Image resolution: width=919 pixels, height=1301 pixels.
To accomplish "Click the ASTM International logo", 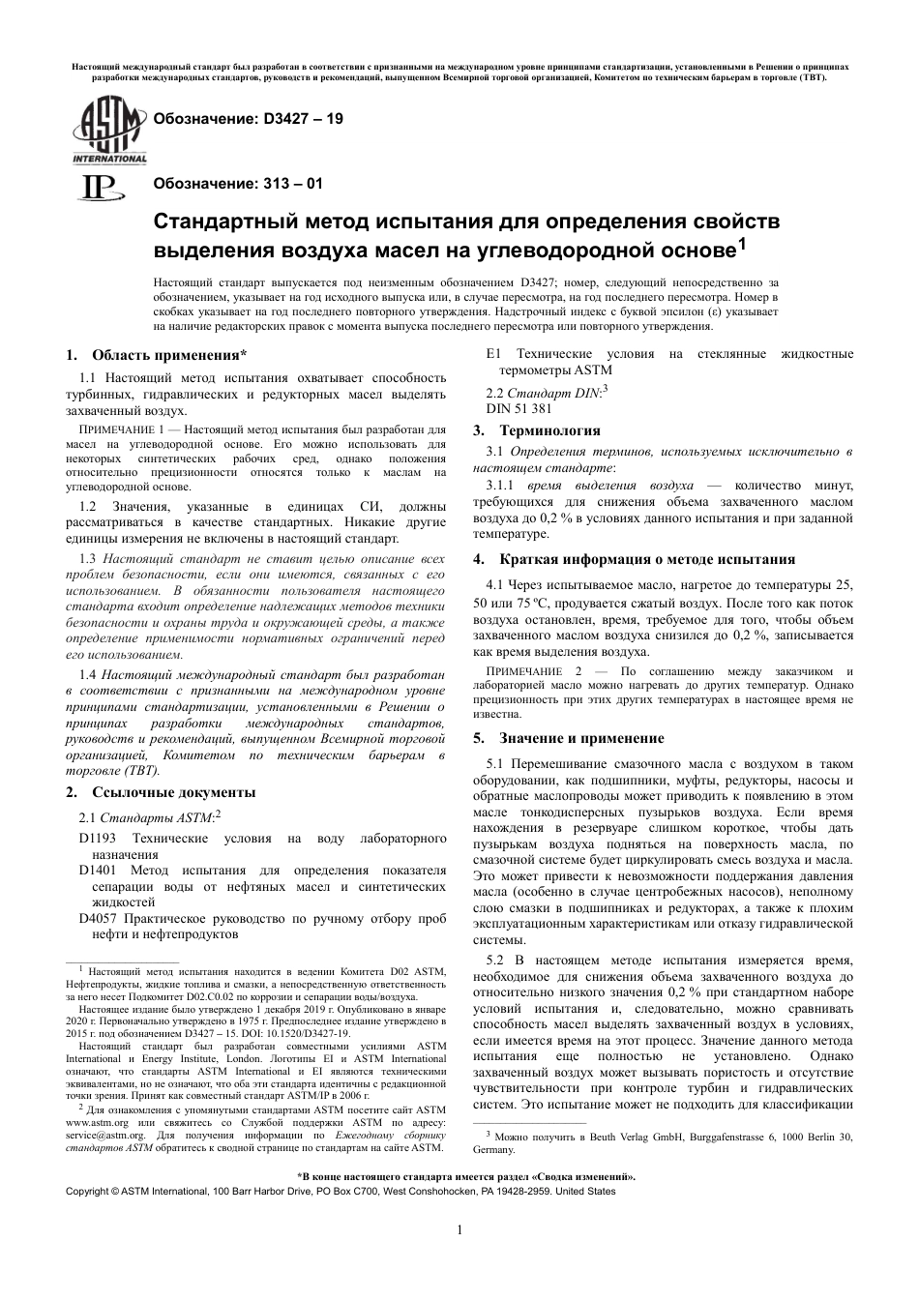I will [106, 133].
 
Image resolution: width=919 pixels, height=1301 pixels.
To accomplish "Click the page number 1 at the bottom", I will [459, 1230].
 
